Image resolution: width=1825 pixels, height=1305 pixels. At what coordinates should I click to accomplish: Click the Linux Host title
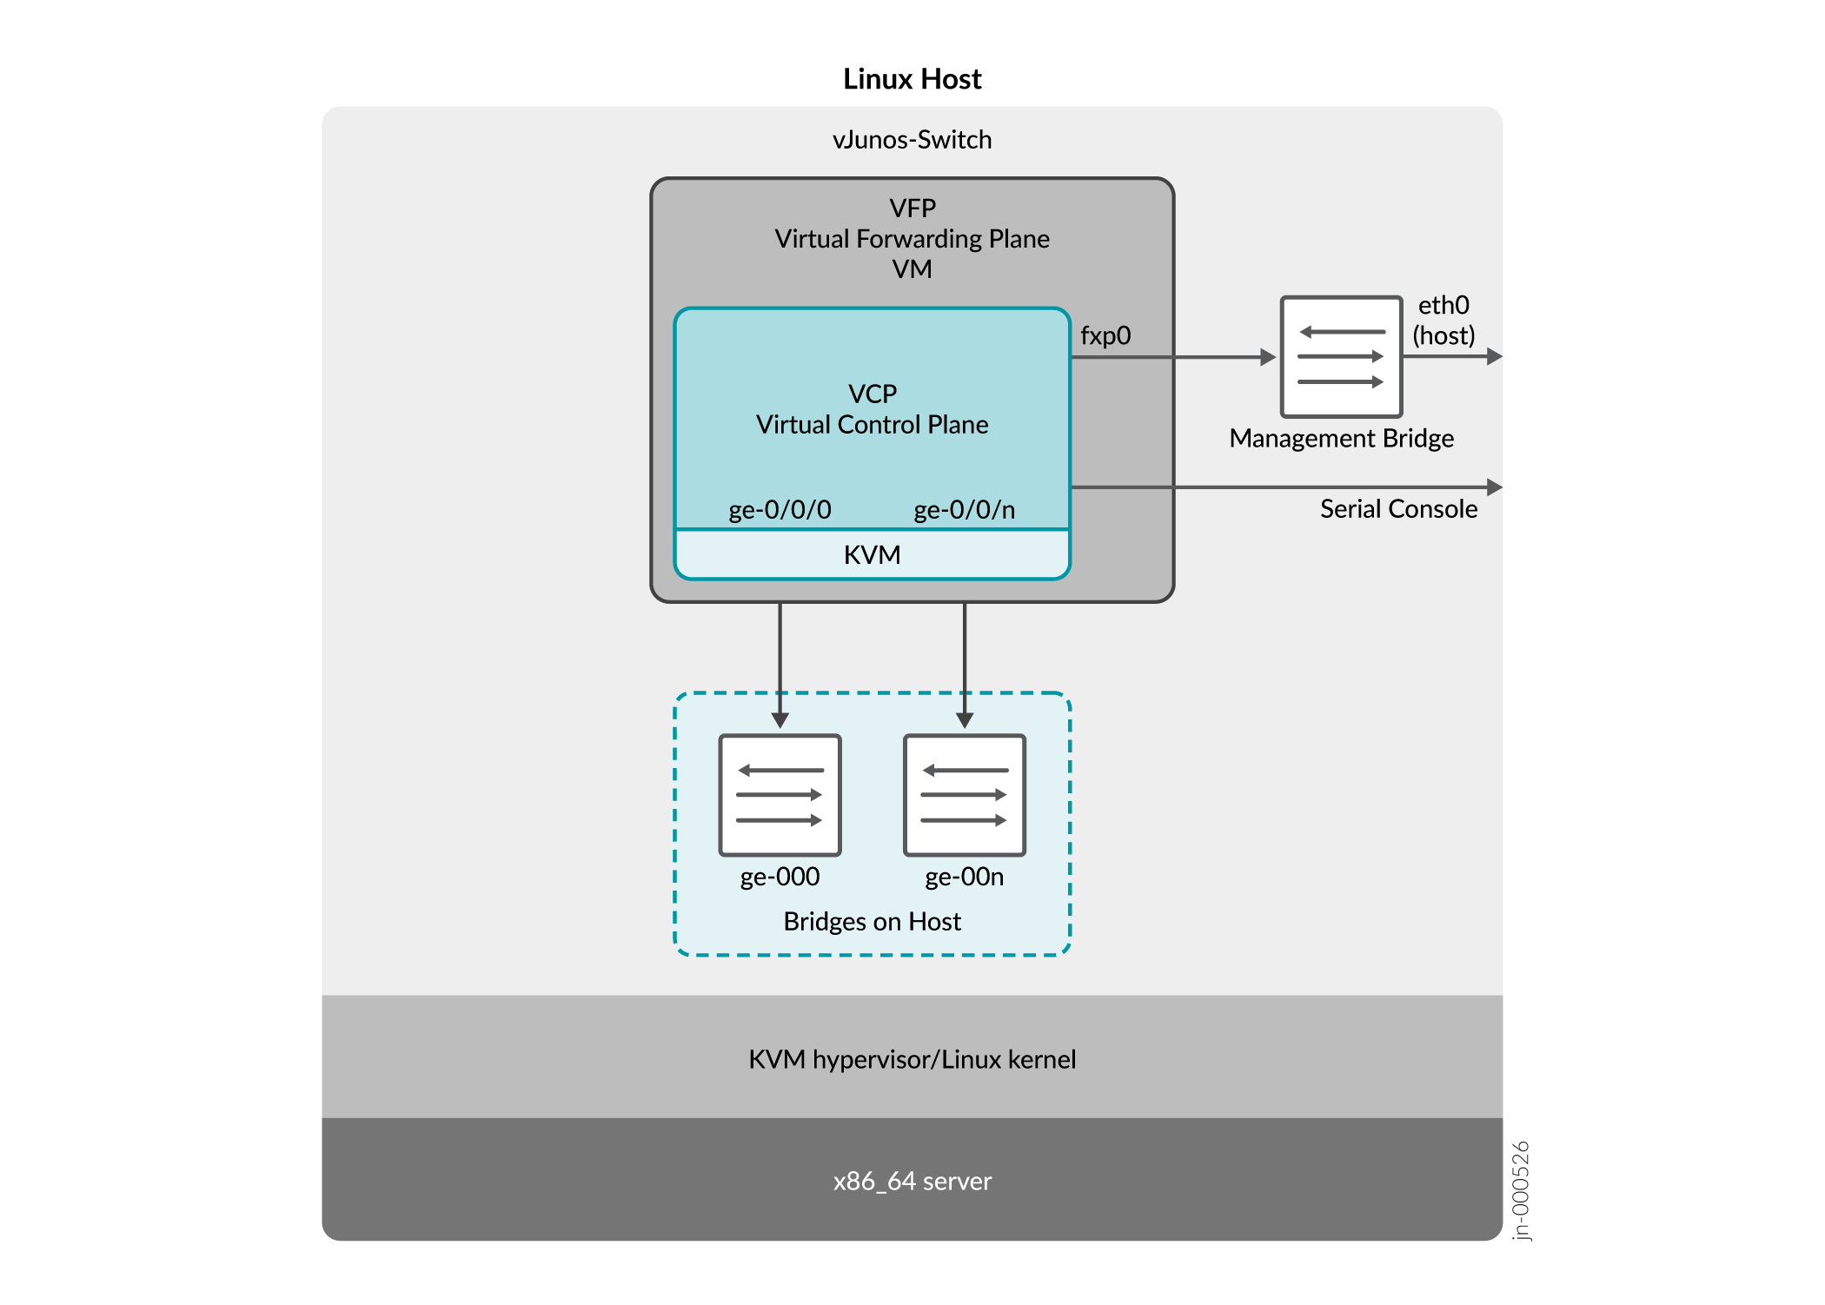(x=912, y=79)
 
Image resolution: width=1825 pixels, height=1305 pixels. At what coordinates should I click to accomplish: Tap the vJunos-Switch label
(x=912, y=140)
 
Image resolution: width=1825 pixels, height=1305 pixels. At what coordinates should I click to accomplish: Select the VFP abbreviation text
(x=912, y=209)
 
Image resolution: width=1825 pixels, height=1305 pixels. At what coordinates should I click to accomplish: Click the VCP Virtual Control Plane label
(x=872, y=409)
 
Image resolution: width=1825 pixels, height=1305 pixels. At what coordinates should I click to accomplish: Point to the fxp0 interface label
(x=1105, y=336)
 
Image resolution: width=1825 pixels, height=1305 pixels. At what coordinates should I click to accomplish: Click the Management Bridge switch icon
(x=1341, y=357)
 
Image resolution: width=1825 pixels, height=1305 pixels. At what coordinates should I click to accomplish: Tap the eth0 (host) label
(x=1443, y=321)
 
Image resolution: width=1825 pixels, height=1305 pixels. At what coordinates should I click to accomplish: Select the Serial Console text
(x=1398, y=509)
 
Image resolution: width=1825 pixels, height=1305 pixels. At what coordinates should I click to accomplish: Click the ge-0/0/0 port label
(x=780, y=510)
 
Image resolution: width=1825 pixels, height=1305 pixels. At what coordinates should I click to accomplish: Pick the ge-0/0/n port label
(x=964, y=510)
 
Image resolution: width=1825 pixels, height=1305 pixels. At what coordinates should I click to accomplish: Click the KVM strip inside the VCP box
(x=872, y=555)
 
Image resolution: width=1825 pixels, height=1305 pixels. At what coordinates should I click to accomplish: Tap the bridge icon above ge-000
(x=780, y=795)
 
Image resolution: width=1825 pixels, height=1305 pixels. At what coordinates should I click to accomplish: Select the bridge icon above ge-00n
(x=964, y=795)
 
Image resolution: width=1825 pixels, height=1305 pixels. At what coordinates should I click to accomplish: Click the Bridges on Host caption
(x=872, y=922)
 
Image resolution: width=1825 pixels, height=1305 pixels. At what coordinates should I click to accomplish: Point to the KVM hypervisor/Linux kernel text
(x=912, y=1060)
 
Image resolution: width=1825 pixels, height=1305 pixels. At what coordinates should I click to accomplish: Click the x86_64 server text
(x=912, y=1182)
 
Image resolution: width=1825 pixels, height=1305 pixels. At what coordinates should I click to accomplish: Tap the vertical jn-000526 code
(x=1520, y=1190)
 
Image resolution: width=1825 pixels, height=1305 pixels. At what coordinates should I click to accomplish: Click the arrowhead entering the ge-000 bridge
(x=780, y=720)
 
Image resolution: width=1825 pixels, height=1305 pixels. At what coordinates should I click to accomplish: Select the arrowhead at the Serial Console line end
(x=1494, y=487)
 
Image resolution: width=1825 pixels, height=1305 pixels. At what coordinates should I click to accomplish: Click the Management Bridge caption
(x=1341, y=439)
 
